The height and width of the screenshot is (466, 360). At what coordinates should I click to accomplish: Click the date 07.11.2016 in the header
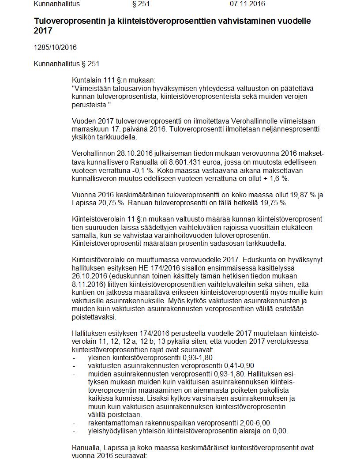coord(247,4)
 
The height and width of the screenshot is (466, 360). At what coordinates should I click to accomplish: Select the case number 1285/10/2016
coord(55,47)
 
